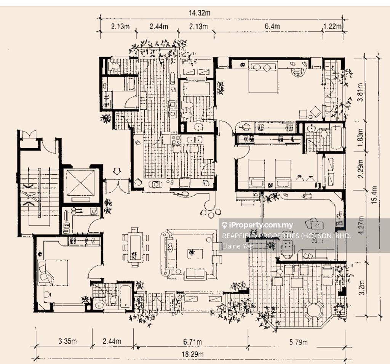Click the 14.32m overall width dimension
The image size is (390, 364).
(x=200, y=13)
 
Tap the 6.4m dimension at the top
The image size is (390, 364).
(x=272, y=26)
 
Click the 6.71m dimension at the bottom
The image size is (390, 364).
(x=192, y=342)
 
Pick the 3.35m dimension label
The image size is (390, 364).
(x=68, y=341)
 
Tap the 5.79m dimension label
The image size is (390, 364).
(x=298, y=342)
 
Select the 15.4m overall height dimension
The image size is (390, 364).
(x=374, y=195)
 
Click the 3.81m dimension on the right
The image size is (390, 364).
(x=360, y=92)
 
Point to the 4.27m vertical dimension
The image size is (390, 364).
(x=361, y=225)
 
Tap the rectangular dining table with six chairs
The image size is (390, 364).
(x=136, y=247)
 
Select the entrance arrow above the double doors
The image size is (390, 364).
(x=117, y=171)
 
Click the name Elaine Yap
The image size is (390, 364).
(x=238, y=246)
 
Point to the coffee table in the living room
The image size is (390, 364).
(x=195, y=253)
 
